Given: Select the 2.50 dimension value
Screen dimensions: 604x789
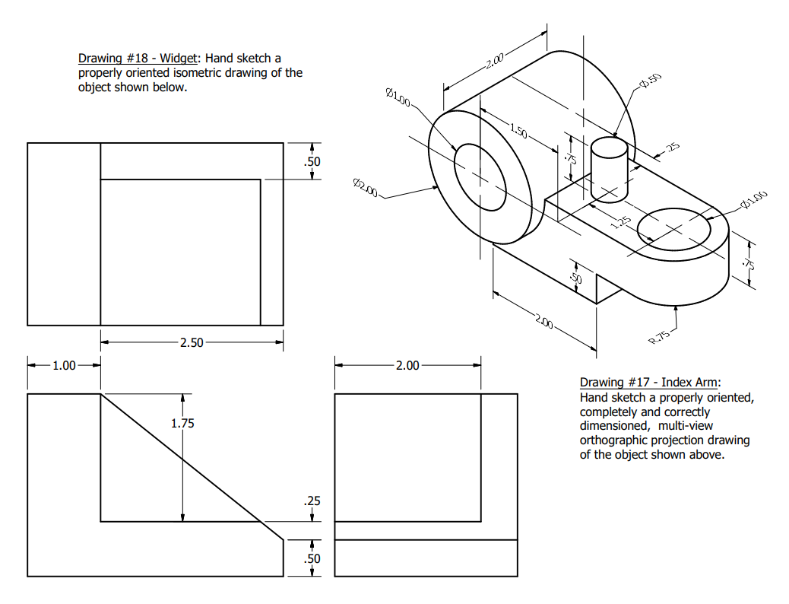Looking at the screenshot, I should pos(192,343).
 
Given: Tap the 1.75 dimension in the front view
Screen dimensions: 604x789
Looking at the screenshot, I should pos(182,424).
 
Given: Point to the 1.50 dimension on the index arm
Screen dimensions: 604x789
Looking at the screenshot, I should pos(518,132).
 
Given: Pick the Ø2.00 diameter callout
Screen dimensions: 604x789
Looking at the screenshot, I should pos(365,186).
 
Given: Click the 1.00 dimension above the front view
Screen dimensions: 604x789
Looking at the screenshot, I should pos(64,365).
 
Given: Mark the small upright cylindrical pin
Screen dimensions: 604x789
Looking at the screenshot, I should pos(610,169).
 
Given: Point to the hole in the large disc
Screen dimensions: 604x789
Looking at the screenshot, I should pos(480,176).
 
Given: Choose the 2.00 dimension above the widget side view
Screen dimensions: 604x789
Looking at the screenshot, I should pos(407,365).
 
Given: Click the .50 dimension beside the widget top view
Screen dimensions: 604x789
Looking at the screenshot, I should pos(312,161).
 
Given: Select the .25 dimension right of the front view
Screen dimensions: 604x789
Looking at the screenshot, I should pos(312,501).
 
